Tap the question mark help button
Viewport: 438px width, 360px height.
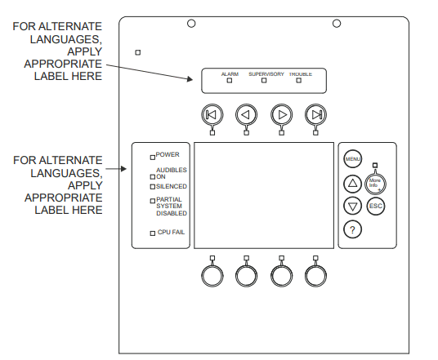pyautogui.click(x=352, y=229)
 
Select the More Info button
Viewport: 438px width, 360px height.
pyautogui.click(x=376, y=184)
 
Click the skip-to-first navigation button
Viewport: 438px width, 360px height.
pyautogui.click(x=211, y=114)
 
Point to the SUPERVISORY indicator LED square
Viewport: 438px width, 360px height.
pyautogui.click(x=264, y=82)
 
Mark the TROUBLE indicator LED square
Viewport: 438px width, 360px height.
pyautogui.click(x=299, y=82)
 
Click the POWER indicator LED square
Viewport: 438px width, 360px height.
pyautogui.click(x=152, y=155)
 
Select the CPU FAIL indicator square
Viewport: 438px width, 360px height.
pyautogui.click(x=152, y=233)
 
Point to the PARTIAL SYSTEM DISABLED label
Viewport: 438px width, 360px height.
pyautogui.click(x=171, y=206)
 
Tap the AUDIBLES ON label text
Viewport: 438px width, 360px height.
pyautogui.click(x=171, y=171)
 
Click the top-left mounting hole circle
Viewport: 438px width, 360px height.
pyautogui.click(x=190, y=23)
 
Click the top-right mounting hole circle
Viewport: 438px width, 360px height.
pyautogui.click(x=336, y=23)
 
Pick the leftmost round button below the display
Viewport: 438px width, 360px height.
pyautogui.click(x=211, y=275)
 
